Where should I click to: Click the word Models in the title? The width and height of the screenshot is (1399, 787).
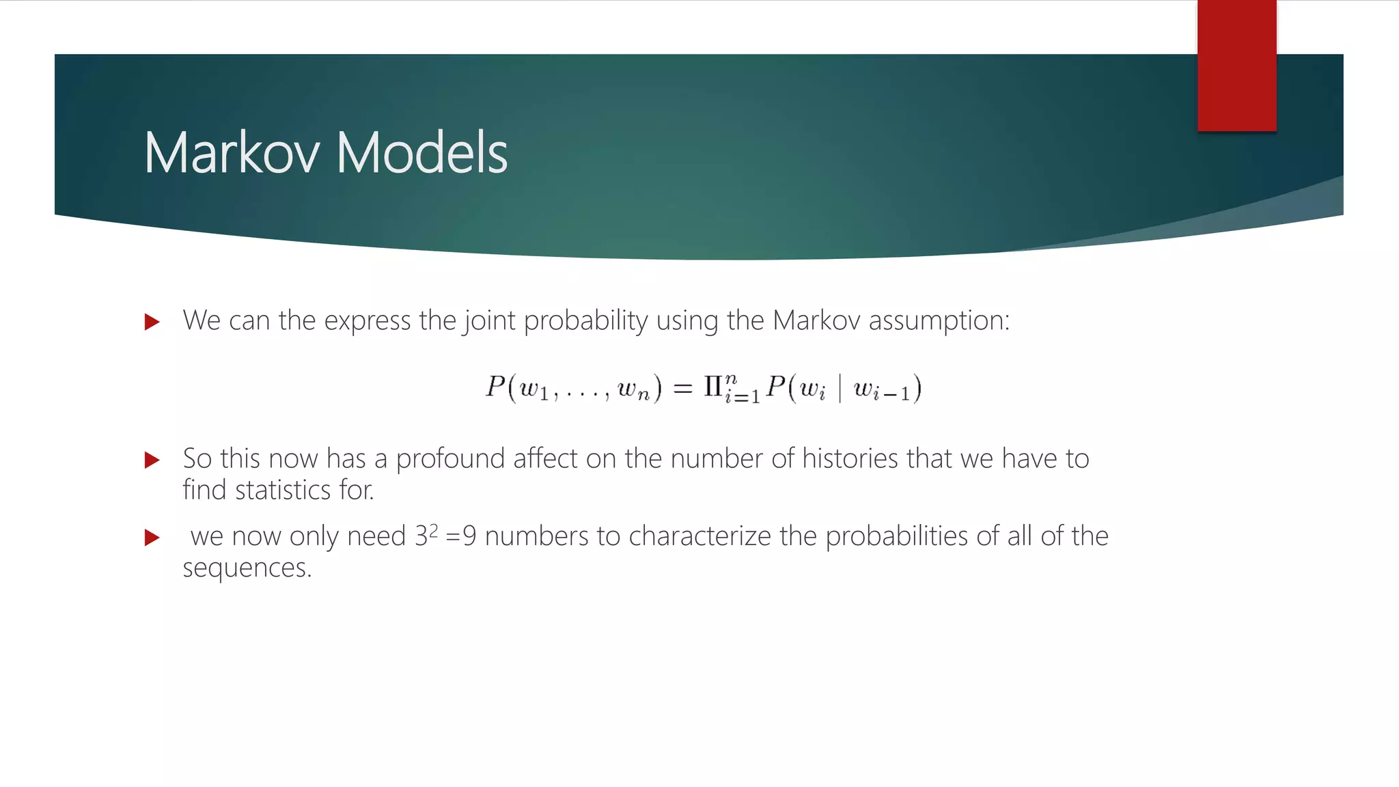click(421, 152)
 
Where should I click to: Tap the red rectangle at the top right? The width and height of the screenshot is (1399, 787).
click(1236, 66)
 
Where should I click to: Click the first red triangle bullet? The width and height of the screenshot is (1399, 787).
click(152, 322)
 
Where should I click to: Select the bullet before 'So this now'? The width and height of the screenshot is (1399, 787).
click(152, 460)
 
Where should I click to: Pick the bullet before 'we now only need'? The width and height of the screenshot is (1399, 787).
click(152, 538)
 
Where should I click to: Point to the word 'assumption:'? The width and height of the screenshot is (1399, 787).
click(939, 320)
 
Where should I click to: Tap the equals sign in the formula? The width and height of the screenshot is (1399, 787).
click(682, 389)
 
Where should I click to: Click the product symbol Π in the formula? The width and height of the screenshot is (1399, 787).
click(713, 387)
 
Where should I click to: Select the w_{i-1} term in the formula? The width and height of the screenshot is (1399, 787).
click(881, 390)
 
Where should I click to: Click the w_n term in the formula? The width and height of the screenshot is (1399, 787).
click(633, 390)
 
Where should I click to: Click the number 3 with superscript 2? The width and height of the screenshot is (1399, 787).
click(425, 535)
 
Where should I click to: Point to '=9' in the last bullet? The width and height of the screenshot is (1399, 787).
click(460, 536)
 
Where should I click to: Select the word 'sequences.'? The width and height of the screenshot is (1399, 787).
click(247, 568)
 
